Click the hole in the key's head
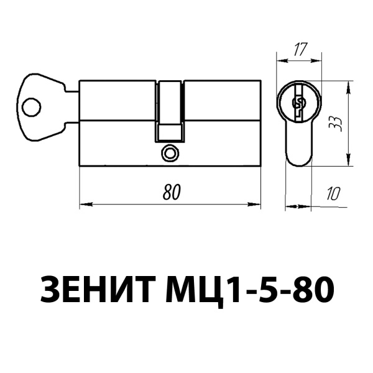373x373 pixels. click(30, 109)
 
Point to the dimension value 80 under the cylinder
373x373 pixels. click(171, 192)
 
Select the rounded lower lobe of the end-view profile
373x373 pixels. click(300, 152)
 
